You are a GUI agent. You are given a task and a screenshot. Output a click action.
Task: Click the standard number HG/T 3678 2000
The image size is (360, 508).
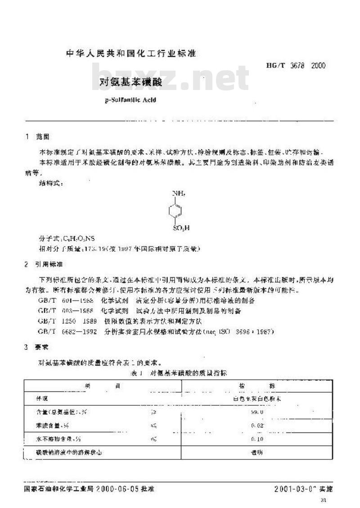tap(292, 66)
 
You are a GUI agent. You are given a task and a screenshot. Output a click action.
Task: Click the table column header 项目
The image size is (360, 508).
tap(102, 386)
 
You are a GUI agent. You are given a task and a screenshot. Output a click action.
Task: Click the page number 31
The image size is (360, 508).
tap(323, 501)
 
